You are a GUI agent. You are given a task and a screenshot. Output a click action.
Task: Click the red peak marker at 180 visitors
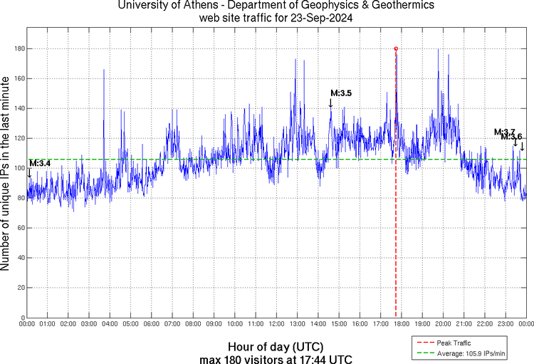click(x=396, y=48)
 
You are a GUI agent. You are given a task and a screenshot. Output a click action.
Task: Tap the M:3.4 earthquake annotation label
click(x=40, y=164)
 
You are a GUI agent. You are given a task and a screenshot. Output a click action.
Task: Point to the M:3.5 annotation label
click(x=341, y=93)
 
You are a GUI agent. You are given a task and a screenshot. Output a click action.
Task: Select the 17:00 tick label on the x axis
click(x=381, y=325)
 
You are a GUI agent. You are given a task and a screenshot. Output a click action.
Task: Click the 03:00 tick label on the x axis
click(x=90, y=325)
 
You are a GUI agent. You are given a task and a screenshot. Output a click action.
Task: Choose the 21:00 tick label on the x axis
click(x=464, y=325)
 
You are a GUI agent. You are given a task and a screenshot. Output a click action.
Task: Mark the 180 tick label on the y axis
click(x=19, y=48)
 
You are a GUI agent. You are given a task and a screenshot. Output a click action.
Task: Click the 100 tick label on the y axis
click(x=19, y=168)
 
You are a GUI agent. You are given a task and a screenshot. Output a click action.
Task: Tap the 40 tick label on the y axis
click(x=20, y=258)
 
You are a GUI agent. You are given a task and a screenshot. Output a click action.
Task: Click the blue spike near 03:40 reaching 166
click(x=104, y=71)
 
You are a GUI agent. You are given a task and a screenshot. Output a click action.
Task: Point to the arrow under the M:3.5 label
click(x=330, y=103)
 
